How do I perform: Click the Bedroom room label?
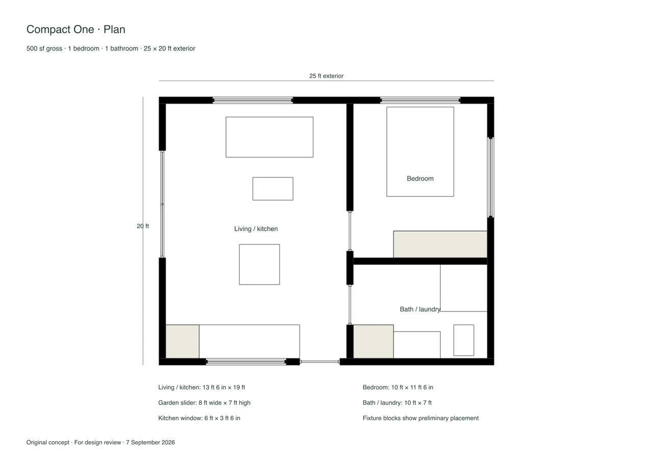[420, 179]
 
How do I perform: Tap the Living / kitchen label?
[256, 229]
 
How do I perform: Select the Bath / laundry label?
[420, 309]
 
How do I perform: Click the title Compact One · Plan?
[76, 30]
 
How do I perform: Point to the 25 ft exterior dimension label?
[326, 76]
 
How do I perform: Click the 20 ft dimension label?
[143, 226]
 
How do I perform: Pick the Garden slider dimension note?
[204, 403]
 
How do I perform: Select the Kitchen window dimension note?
[199, 418]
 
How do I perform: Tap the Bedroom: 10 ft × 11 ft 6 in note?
[398, 387]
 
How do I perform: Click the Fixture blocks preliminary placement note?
[421, 418]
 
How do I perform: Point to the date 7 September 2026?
[150, 443]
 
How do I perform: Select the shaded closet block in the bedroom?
[440, 245]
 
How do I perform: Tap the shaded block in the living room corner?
[183, 342]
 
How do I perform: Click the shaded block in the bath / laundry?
[373, 342]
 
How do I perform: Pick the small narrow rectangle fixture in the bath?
[464, 341]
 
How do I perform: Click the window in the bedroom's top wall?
[420, 101]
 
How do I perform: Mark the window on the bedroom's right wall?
[491, 177]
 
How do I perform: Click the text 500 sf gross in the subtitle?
[44, 48]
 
